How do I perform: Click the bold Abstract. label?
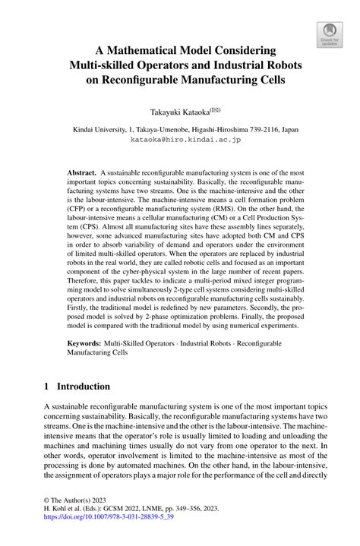pos(83,173)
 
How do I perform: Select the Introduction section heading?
pos(88,386)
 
